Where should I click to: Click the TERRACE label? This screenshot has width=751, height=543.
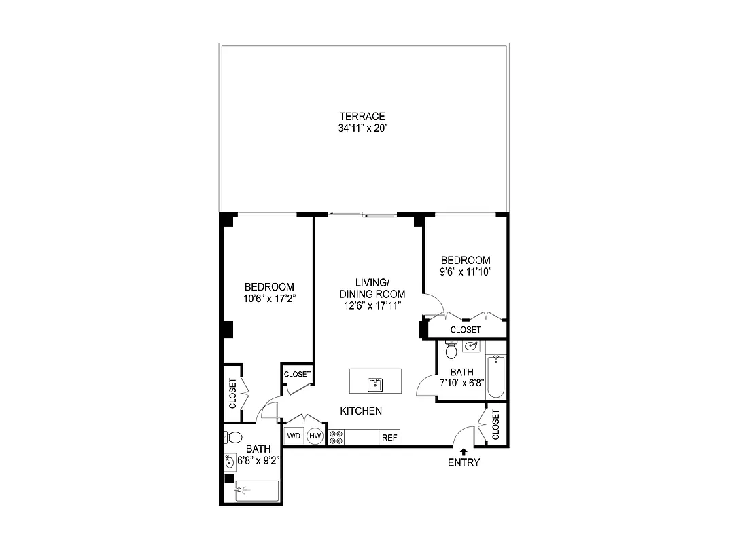pos(363,116)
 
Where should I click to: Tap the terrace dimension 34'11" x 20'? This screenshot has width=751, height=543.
pos(363,128)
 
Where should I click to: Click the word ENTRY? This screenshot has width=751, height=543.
pos(464,463)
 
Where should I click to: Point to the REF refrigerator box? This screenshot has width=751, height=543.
pos(389,438)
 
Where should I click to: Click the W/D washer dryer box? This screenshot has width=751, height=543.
pos(294,436)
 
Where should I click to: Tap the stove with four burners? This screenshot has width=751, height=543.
pos(336,437)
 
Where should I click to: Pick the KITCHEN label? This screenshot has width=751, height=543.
pos(361,411)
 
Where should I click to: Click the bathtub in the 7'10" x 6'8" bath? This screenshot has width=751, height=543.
pos(496,377)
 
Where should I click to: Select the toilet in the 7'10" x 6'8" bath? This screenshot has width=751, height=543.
pos(451,350)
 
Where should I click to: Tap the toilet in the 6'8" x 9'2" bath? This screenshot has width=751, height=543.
pos(234,436)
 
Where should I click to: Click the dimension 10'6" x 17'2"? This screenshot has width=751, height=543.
pos(269,298)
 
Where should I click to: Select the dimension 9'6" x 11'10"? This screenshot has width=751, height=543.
pos(466,271)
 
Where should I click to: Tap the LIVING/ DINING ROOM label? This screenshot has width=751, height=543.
pos(372,288)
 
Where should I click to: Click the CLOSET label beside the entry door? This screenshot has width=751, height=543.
pos(495,424)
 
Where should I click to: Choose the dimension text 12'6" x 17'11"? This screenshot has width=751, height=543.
pos(372,305)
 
